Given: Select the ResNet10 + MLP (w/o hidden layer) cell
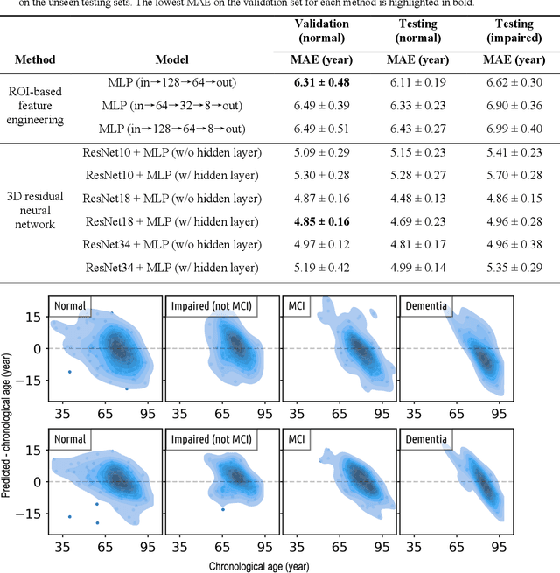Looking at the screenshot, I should (171, 152).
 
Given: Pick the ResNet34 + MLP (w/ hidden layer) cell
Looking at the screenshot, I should (171, 267).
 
